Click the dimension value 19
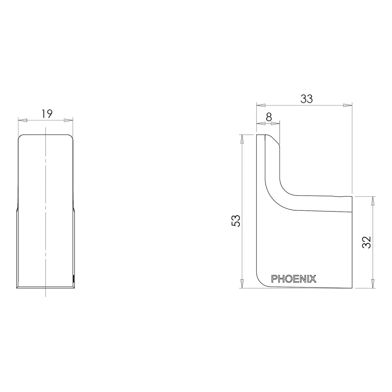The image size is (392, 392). coord(47,114)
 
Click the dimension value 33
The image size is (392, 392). coord(306,99)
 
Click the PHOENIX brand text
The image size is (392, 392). coord(294,279)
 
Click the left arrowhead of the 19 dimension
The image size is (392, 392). coord(22,120)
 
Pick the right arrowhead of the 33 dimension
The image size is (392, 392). coord(348,105)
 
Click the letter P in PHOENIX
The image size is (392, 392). coord(274,279)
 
